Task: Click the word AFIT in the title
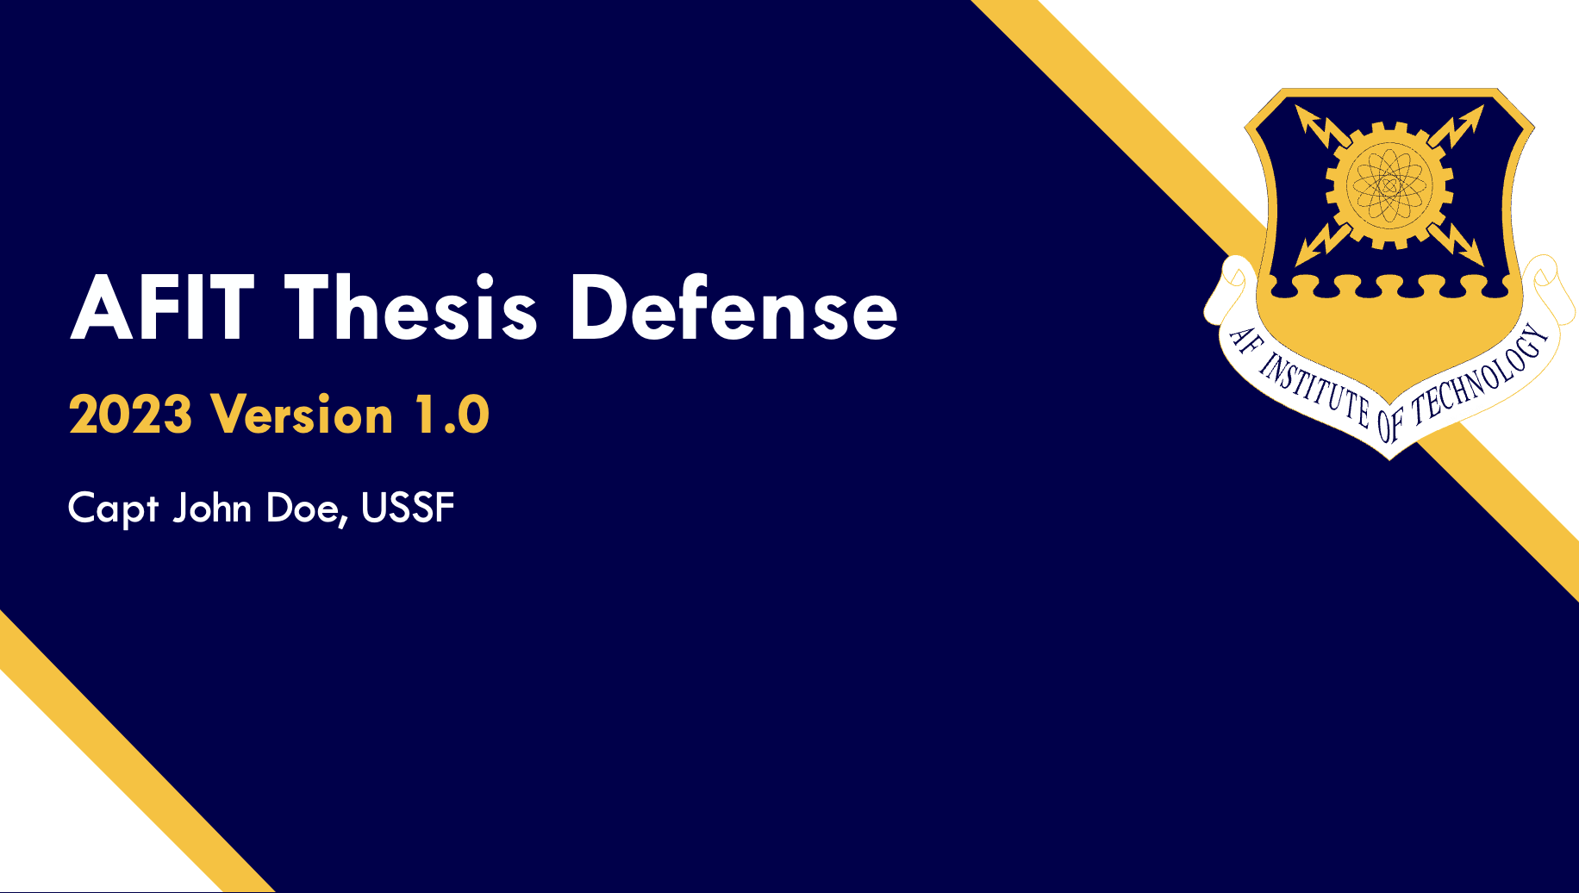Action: pos(162,309)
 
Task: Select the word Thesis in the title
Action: pos(411,309)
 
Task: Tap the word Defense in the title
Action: pos(733,309)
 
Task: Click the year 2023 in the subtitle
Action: pos(130,415)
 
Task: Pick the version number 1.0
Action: pos(452,415)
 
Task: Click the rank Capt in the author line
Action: pos(113,509)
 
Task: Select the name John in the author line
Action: pos(212,508)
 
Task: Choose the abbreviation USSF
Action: pos(408,508)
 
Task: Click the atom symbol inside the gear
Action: pos(1389,184)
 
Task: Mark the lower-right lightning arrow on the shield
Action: pos(1457,242)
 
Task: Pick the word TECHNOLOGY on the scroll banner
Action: pos(1479,378)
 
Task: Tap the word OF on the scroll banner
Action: pos(1390,423)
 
